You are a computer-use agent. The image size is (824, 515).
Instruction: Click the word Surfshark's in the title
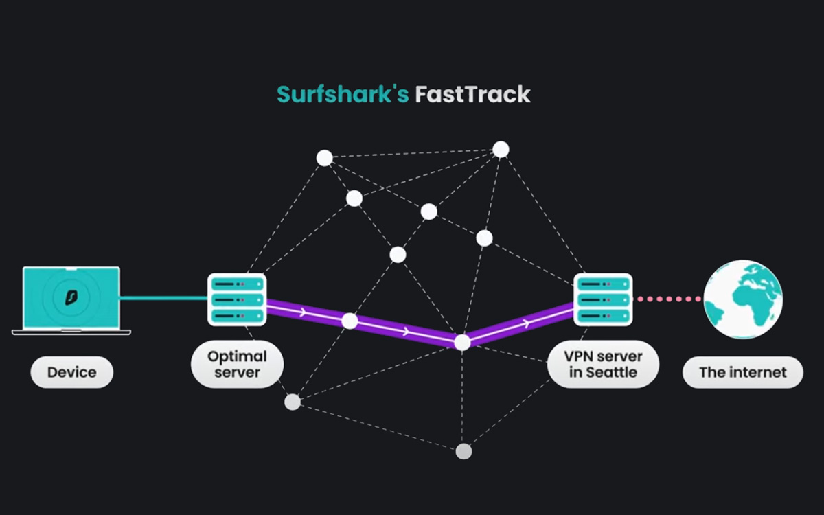343,94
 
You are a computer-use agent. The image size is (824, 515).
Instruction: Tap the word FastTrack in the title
472,94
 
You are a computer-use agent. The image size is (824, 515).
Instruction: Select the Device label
71,373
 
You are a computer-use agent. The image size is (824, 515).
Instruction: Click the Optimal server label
237,365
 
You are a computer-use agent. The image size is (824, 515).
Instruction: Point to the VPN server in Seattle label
602,365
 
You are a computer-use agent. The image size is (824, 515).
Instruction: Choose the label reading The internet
742,373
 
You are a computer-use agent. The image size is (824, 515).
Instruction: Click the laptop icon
71,300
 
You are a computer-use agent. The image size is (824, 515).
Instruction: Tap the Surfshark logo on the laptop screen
71,297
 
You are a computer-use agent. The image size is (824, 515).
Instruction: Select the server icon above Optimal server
237,299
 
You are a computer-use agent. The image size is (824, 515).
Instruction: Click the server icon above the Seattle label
603,299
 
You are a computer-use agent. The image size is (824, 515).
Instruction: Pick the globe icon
743,299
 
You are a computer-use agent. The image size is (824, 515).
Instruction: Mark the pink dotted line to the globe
668,299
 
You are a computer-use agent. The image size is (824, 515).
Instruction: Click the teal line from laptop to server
163,298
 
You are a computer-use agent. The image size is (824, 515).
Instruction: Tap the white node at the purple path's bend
463,342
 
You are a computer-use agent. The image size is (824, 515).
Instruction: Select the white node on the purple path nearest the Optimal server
350,321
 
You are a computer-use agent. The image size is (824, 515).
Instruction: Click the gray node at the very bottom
464,451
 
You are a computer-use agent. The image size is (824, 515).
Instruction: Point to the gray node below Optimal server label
293,402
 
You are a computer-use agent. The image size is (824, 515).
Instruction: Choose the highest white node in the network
501,149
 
